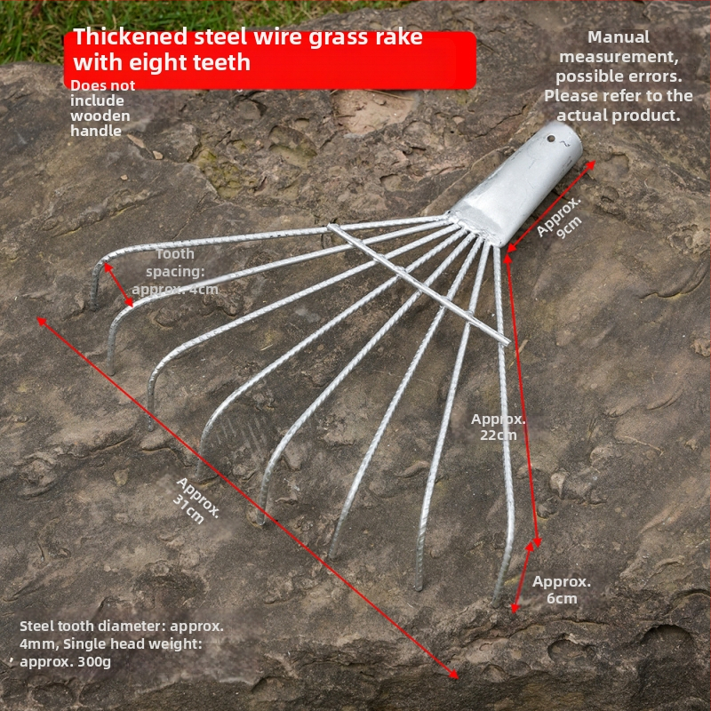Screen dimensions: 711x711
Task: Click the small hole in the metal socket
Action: (x=550, y=139)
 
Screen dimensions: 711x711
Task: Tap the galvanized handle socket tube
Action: (x=517, y=184)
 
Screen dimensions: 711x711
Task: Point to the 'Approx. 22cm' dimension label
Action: (x=499, y=427)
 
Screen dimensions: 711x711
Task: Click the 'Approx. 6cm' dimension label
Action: (x=562, y=589)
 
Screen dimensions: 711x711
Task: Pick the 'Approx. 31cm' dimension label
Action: (x=197, y=500)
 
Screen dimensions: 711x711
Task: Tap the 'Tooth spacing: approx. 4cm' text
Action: (x=175, y=272)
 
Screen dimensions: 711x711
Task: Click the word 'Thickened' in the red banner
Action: (x=131, y=36)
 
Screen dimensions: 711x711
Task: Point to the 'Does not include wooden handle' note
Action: (x=102, y=108)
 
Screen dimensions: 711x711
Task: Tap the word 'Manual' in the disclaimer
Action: (x=619, y=37)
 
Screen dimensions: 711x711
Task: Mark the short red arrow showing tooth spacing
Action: (x=118, y=285)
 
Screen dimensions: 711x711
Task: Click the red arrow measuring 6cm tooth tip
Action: (x=523, y=577)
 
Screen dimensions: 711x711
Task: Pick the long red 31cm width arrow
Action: (x=248, y=498)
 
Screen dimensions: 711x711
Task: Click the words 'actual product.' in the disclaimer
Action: (x=619, y=116)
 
